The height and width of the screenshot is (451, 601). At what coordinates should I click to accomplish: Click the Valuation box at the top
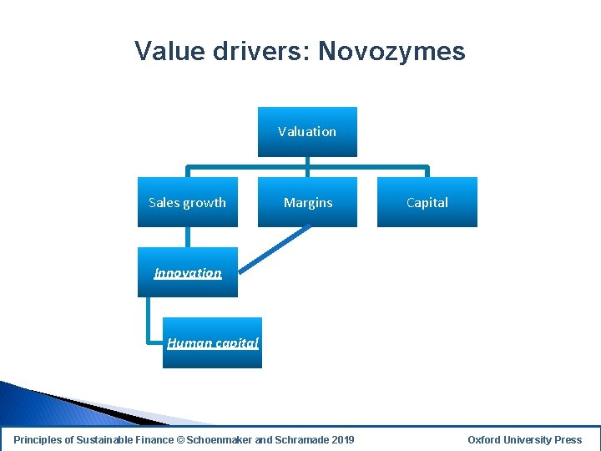[307, 131]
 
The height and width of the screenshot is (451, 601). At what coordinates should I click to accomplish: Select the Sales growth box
[187, 202]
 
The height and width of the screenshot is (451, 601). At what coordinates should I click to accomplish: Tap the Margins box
[307, 202]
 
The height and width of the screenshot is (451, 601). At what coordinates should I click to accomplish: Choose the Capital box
[427, 202]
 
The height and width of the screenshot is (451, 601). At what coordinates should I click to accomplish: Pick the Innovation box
[187, 273]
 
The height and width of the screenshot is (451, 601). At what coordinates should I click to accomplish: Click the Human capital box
[212, 342]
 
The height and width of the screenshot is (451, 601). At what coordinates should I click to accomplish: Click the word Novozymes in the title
[391, 52]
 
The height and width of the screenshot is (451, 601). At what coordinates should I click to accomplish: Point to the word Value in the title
[164, 52]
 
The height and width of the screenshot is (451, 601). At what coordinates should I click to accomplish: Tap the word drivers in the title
[253, 52]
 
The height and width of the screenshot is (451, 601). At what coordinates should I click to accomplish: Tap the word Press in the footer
[568, 439]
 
